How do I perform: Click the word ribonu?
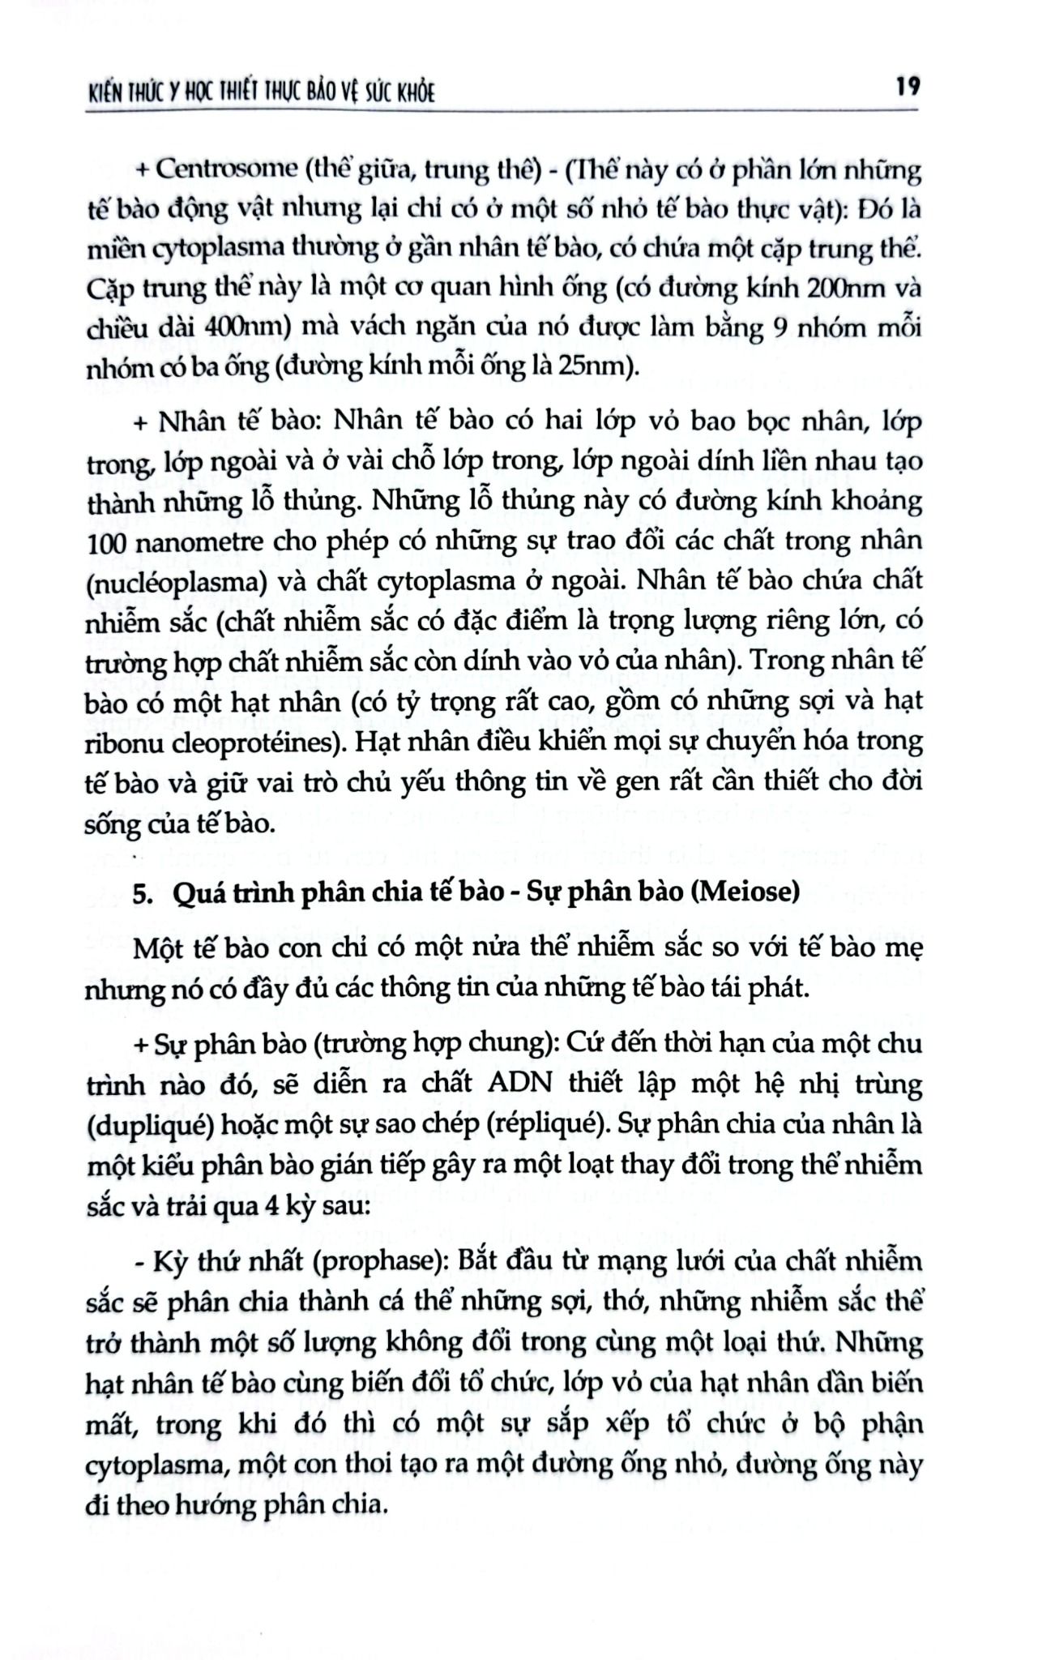(125, 742)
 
